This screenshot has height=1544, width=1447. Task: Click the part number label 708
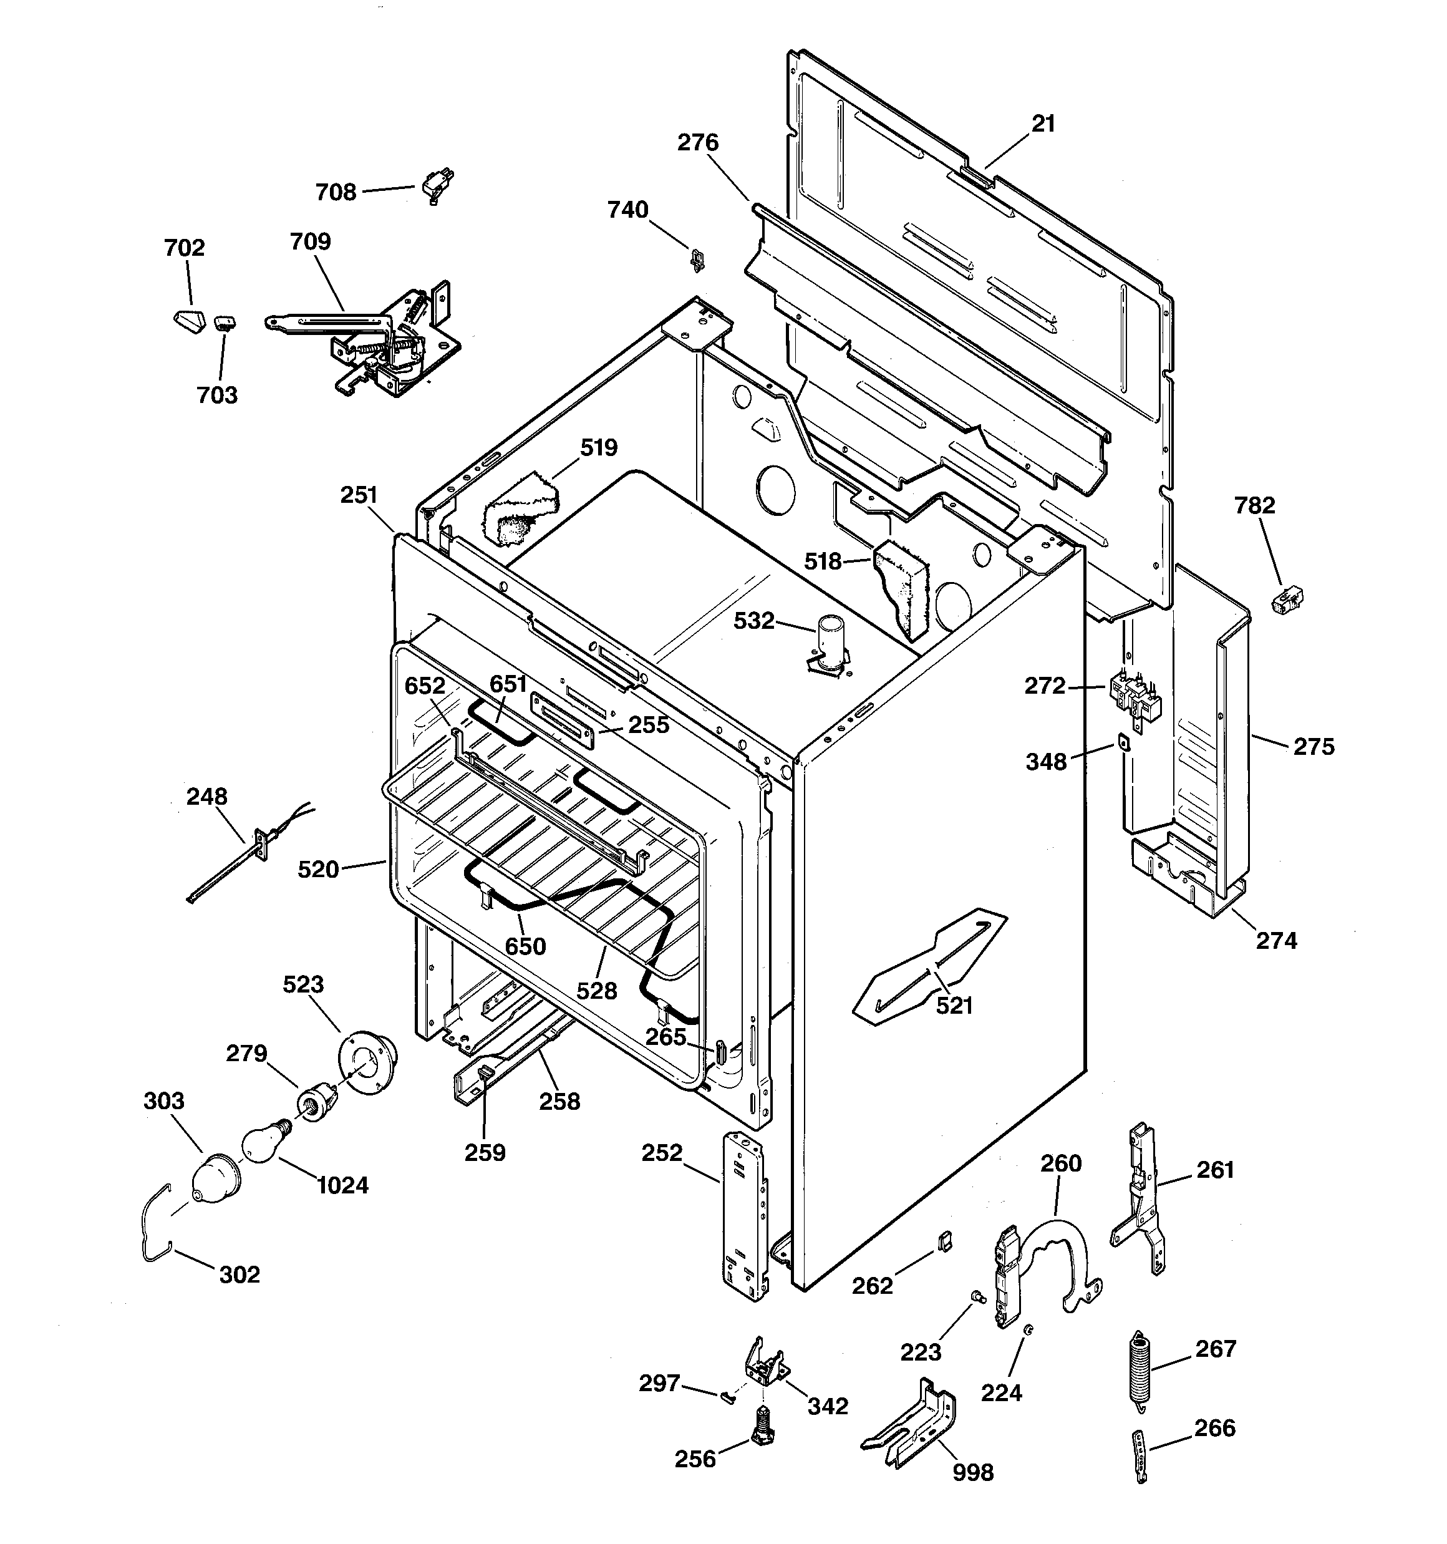point(336,192)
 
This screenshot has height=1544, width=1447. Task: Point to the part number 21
point(1043,124)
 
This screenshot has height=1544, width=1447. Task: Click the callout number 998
point(972,1472)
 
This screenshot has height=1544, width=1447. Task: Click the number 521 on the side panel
point(954,1005)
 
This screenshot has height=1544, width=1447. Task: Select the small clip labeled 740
point(697,259)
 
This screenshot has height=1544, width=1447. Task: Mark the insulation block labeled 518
point(903,586)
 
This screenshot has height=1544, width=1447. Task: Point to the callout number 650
point(526,946)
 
